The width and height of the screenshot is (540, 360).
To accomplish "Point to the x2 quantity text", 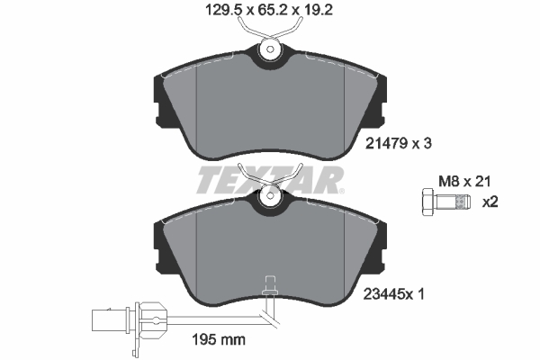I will [490, 201].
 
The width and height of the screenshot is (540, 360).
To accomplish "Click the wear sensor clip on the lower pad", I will [267, 287].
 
